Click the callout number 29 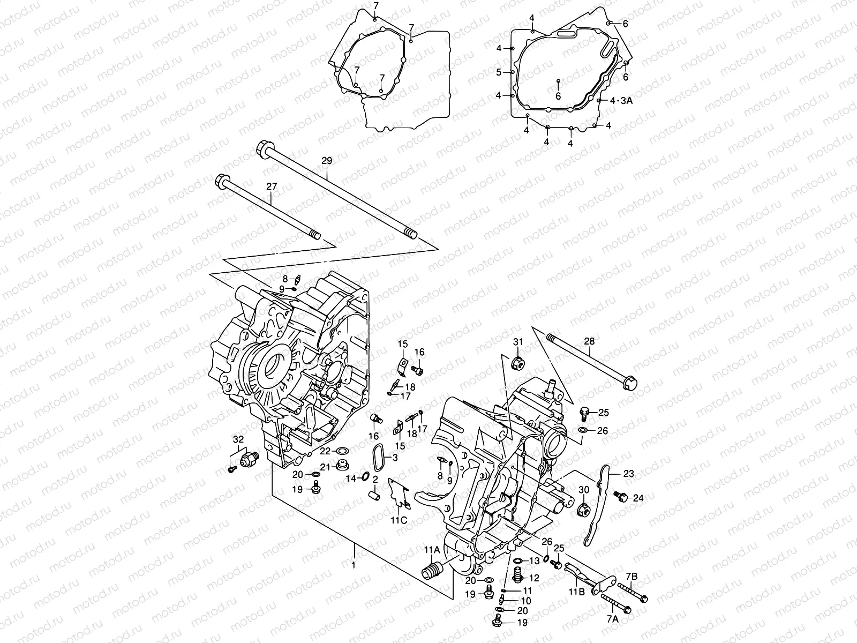[327, 161]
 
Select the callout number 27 [272, 186]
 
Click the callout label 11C [399, 520]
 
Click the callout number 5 [498, 72]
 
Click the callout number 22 [326, 451]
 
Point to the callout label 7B [632, 576]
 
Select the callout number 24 [637, 498]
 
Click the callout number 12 [534, 578]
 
